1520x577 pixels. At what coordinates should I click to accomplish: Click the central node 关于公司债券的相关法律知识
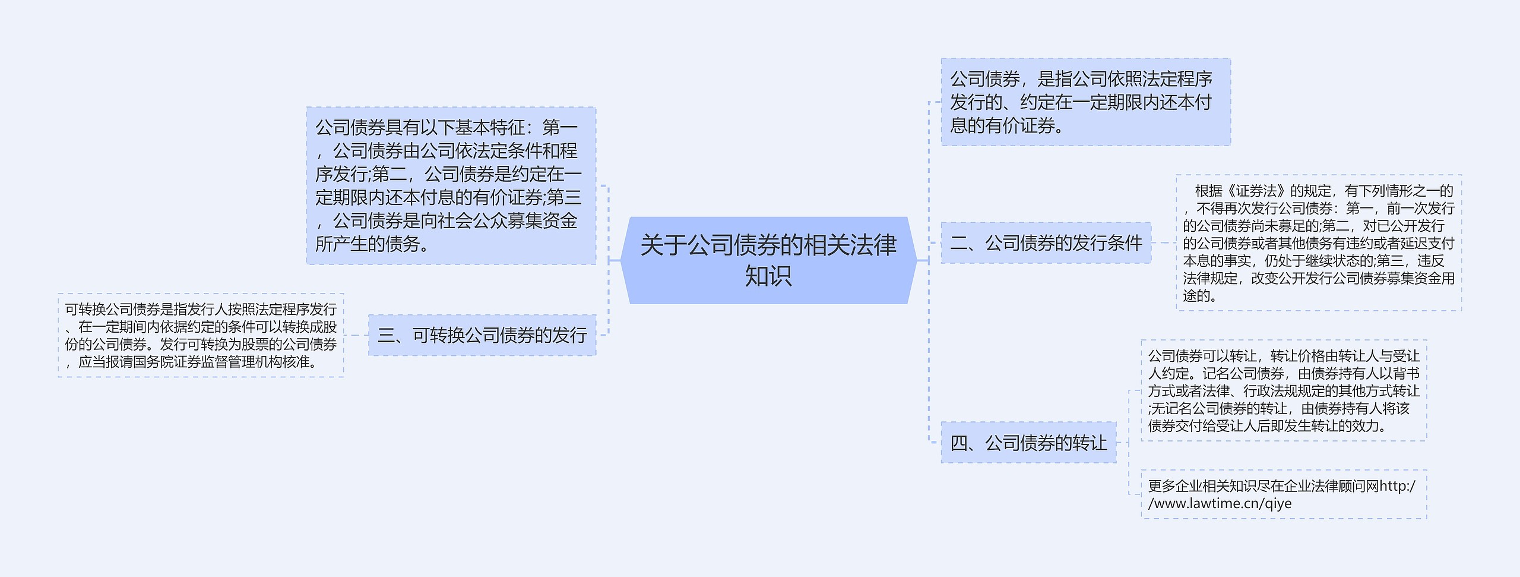[x=768, y=260]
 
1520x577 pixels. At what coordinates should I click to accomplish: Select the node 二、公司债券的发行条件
[x=1046, y=242]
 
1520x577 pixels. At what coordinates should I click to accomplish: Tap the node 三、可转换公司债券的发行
[x=482, y=335]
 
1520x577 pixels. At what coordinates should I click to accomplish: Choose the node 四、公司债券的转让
[x=1028, y=443]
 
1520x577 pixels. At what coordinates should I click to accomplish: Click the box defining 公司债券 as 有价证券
[x=1085, y=102]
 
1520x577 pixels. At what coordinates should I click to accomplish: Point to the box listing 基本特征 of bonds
[x=451, y=185]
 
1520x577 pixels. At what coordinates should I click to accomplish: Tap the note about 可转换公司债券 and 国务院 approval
[x=201, y=335]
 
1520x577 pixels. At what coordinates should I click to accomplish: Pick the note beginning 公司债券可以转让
[x=1284, y=390]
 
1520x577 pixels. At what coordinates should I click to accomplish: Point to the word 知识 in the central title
[x=768, y=276]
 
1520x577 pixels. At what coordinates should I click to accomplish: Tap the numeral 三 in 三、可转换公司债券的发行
[x=386, y=336]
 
